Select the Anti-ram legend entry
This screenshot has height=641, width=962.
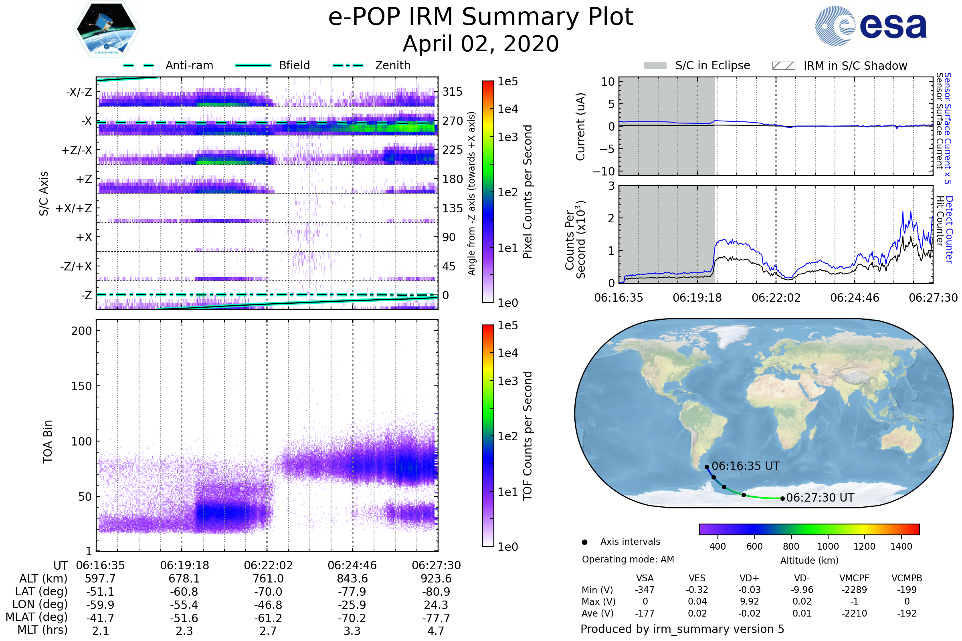[x=189, y=65]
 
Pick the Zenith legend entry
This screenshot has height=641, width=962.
[x=392, y=65]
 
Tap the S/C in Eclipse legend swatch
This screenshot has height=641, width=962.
[x=655, y=66]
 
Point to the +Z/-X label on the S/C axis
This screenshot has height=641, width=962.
[x=77, y=151]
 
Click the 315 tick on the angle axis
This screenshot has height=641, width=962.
[x=453, y=92]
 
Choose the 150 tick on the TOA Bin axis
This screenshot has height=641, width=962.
[x=81, y=386]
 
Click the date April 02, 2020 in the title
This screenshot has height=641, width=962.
[x=481, y=44]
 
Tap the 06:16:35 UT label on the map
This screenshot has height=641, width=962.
[x=745, y=466]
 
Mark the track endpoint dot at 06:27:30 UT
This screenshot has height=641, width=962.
[x=782, y=499]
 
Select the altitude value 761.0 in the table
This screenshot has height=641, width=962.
[x=268, y=579]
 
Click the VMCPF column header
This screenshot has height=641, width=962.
[x=854, y=579]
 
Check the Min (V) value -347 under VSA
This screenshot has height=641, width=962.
[x=645, y=590]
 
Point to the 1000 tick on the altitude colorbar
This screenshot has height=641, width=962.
[x=828, y=546]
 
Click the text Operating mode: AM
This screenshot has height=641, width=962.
[x=628, y=559]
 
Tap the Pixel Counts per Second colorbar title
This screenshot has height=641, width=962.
[x=527, y=192]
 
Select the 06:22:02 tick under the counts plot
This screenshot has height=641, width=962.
[x=776, y=298]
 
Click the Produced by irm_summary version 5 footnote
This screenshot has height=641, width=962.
[x=682, y=629]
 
